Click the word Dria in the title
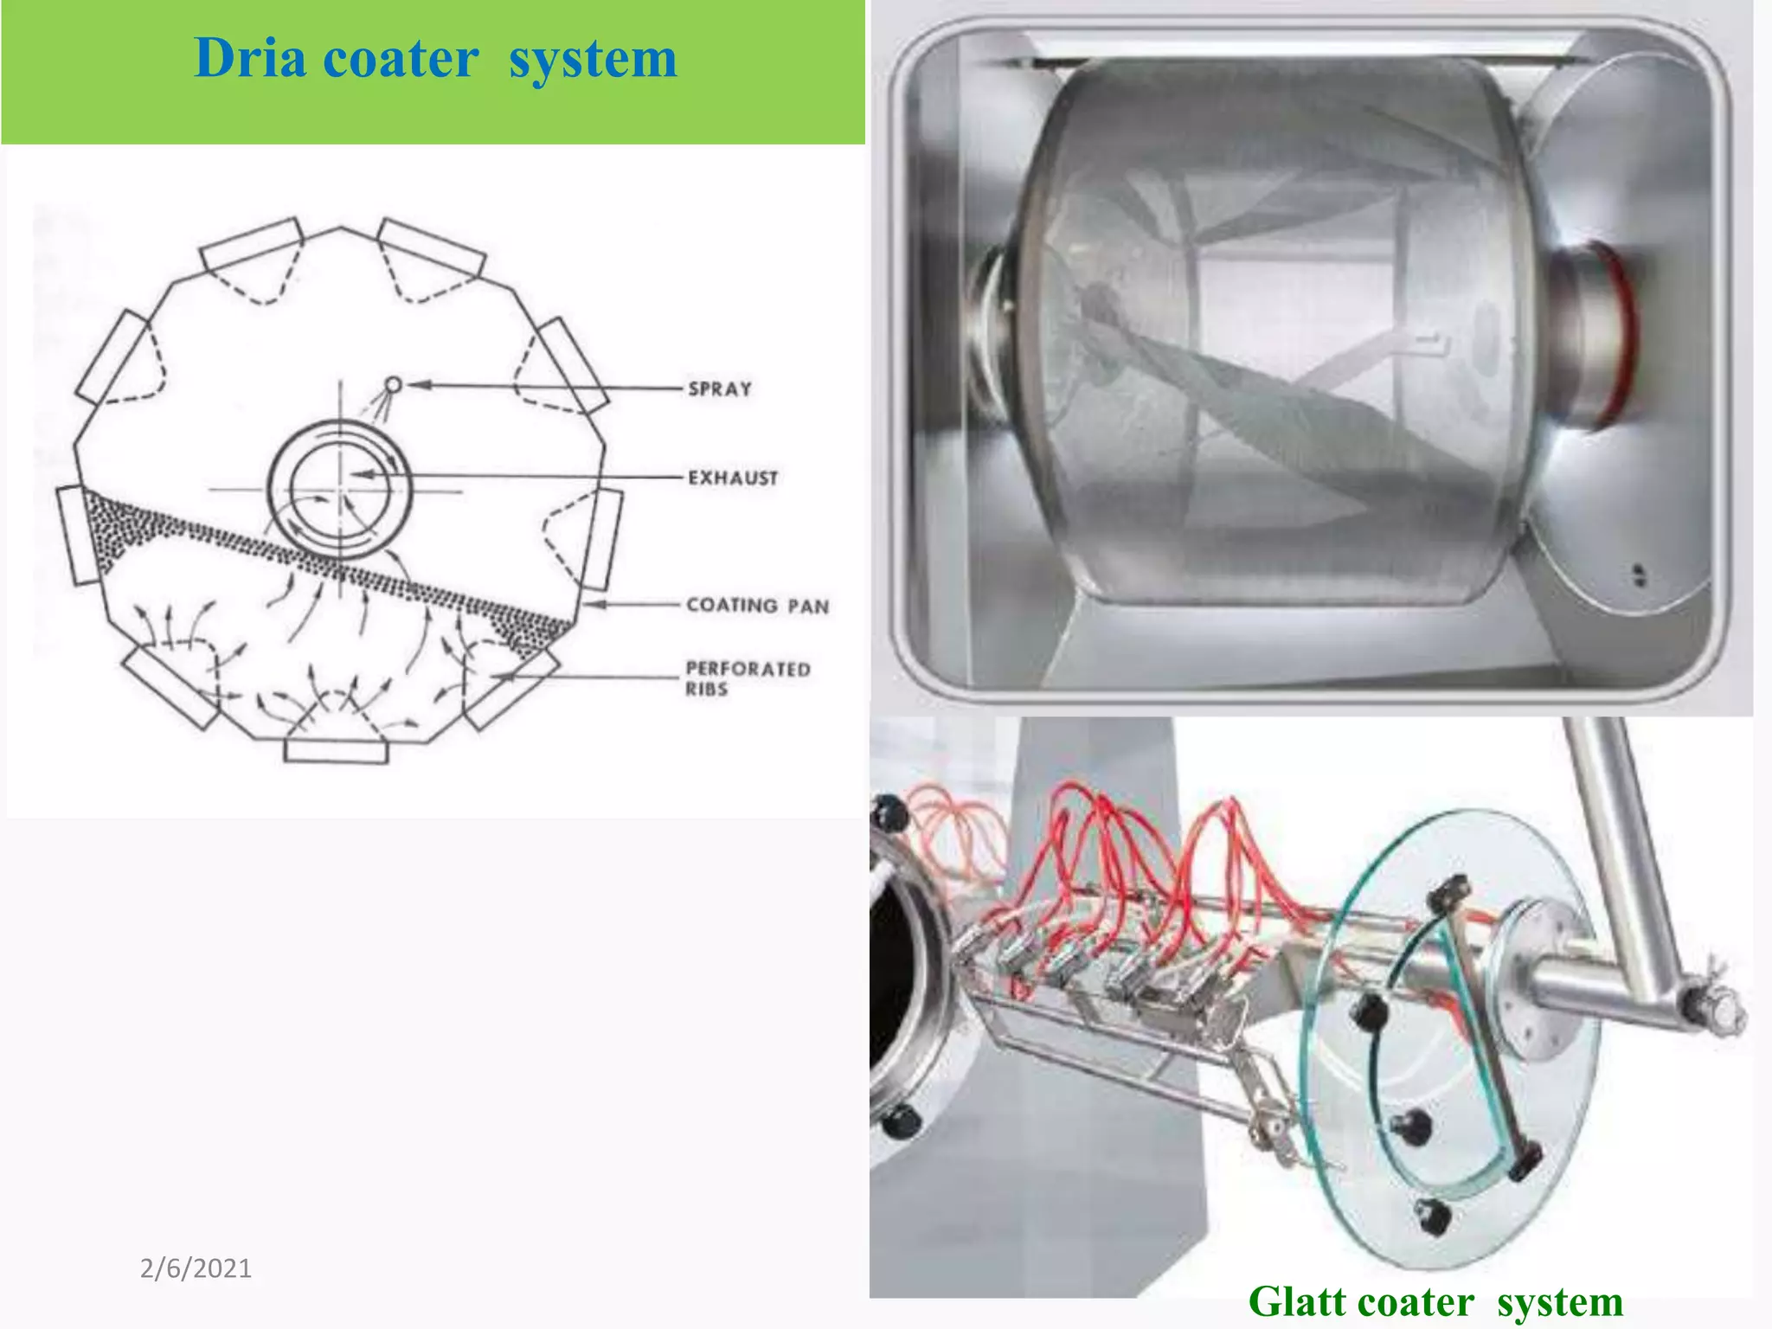[x=250, y=59]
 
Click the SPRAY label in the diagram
[x=720, y=388]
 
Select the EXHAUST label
[x=733, y=478]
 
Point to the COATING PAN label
[x=757, y=606]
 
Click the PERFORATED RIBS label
[x=747, y=678]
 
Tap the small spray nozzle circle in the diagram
[x=393, y=384]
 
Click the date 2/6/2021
[x=196, y=1268]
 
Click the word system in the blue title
[x=593, y=59]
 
